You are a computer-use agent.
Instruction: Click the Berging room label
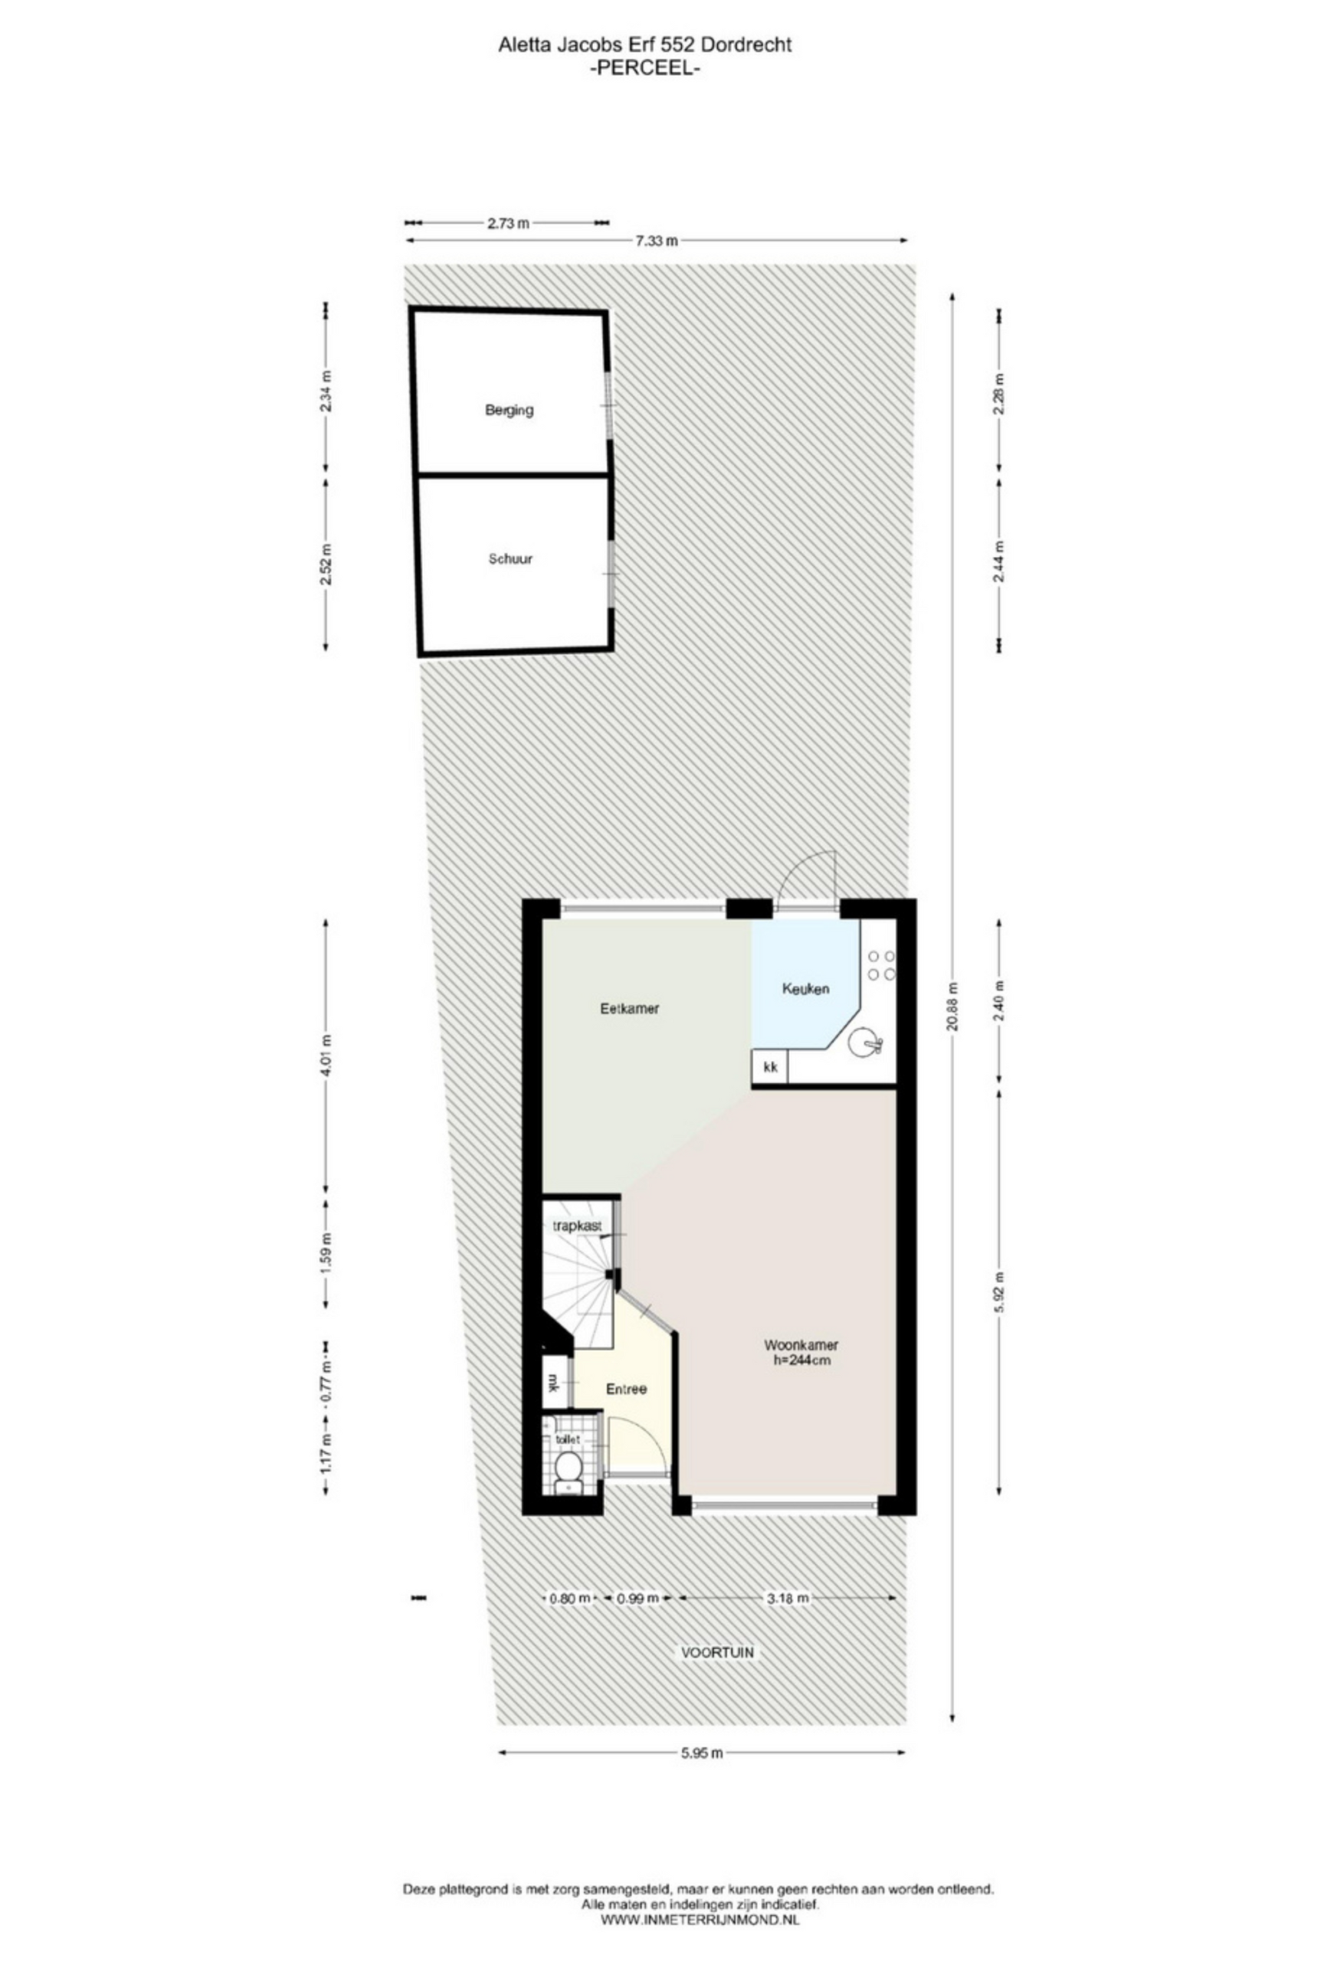(x=509, y=410)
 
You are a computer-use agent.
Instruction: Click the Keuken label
(x=805, y=988)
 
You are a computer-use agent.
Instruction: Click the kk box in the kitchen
(x=769, y=1066)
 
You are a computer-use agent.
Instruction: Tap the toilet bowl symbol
(x=568, y=1465)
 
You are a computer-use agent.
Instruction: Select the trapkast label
(x=577, y=1226)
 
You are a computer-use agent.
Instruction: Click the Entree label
(x=626, y=1388)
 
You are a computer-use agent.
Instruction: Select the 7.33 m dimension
(x=657, y=241)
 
